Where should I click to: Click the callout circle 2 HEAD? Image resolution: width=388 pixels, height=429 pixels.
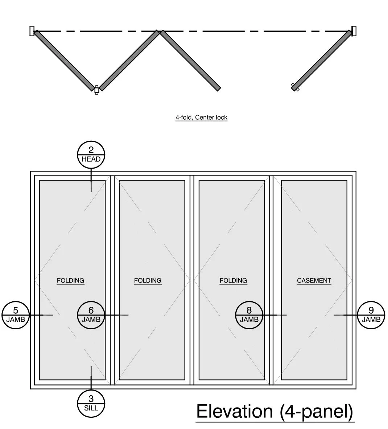tap(91, 155)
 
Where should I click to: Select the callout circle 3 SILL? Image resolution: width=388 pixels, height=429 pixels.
tap(91, 403)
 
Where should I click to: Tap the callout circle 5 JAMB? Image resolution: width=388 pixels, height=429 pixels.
tap(16, 315)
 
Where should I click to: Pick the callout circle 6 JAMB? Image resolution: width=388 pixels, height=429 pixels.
tap(91, 315)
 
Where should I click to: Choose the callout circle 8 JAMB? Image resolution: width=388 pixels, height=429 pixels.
tap(249, 315)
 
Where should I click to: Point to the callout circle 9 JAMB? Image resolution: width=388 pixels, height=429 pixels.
tap(371, 315)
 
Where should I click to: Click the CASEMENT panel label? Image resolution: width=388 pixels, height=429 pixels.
tap(314, 280)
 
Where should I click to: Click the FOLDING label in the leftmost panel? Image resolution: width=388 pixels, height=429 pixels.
tap(70, 280)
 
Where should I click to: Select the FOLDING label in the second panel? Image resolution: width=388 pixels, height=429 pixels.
tap(148, 280)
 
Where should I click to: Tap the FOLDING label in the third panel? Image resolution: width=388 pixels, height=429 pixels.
tap(233, 280)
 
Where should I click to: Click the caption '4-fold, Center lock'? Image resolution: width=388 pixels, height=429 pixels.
tap(201, 117)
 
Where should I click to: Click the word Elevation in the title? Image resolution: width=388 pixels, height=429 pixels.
tap(234, 411)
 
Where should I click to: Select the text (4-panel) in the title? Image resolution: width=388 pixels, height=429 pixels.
tap(316, 411)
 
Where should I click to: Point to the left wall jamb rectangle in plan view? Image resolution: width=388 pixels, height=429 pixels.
tap(32, 31)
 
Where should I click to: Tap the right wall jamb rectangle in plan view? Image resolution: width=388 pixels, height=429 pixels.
tap(354, 31)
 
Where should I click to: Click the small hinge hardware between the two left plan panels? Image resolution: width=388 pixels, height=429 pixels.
tap(97, 90)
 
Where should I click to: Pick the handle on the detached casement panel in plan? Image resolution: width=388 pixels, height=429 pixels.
tap(294, 87)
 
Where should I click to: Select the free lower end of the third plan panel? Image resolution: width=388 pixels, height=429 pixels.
tap(218, 88)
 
